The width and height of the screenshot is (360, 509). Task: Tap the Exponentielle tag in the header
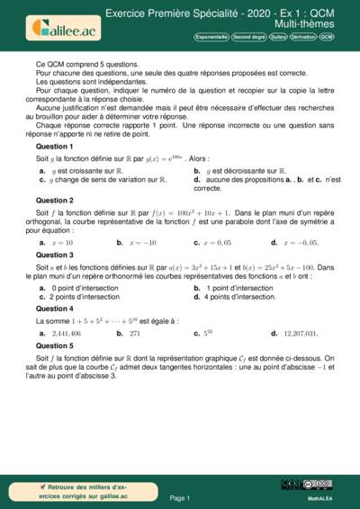click(x=211, y=38)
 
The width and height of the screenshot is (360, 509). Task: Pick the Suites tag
click(x=279, y=38)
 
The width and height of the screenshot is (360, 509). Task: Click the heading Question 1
click(x=55, y=146)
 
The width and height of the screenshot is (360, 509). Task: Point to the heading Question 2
click(x=55, y=201)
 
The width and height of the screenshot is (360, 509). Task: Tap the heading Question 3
click(x=55, y=255)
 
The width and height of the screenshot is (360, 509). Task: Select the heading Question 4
click(x=55, y=309)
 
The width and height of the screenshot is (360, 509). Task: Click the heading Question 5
click(x=55, y=345)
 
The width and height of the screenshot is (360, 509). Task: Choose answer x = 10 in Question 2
click(x=63, y=243)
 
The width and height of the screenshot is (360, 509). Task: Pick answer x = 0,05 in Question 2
click(x=217, y=243)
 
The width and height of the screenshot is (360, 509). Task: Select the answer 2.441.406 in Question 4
click(x=66, y=333)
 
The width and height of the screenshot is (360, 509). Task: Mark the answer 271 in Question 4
click(x=135, y=333)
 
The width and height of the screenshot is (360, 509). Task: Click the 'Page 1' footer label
click(x=179, y=497)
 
